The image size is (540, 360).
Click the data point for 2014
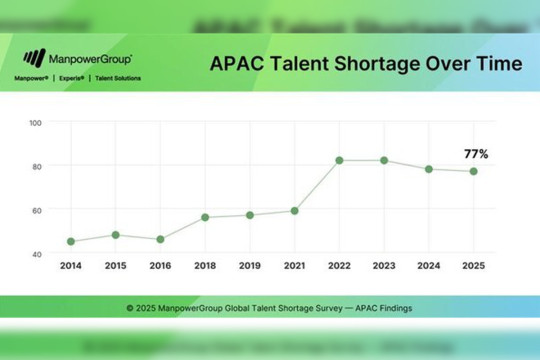point(70,241)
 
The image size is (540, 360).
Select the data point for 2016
point(160,239)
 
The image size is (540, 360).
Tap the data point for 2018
point(205,217)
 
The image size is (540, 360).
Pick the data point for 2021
point(295,211)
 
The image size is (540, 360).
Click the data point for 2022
point(340,160)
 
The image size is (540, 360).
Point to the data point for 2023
point(384,160)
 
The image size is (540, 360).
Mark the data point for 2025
point(474,171)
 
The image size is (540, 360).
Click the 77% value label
point(475,153)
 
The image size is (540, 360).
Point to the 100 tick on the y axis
point(36,123)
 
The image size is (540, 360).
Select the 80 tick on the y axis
point(37,166)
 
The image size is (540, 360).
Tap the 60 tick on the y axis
point(37,210)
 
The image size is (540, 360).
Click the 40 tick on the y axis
point(37,254)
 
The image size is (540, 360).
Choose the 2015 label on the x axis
point(115,267)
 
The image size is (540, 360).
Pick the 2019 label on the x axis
point(250,267)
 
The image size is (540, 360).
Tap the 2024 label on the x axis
point(429,267)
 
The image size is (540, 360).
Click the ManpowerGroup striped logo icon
point(34,59)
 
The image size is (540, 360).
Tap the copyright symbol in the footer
point(130,306)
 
